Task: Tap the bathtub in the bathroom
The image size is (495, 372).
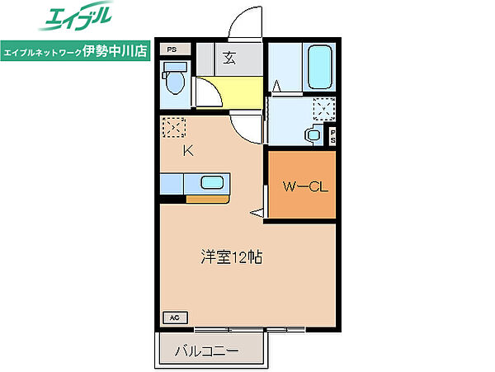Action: point(319,68)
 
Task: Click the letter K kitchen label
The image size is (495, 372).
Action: point(187,150)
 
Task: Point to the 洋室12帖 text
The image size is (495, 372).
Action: point(231,257)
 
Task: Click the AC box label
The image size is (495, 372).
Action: point(174,317)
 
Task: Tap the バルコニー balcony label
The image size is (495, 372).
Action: point(206,352)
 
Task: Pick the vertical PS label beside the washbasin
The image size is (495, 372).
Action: point(333,136)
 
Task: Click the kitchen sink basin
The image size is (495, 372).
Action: point(213,182)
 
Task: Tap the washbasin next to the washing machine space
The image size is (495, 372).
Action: point(313,135)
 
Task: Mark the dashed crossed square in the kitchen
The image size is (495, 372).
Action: point(174,128)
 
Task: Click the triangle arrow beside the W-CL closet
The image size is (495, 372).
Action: point(257,214)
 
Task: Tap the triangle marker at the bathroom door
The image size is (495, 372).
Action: point(277,85)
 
